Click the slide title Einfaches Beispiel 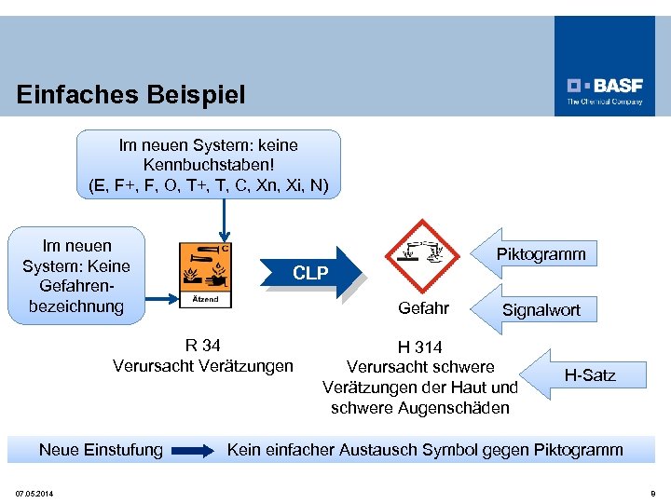pos(131,94)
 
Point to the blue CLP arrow pos(313,272)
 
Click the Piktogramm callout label pos(541,254)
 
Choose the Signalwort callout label pos(541,310)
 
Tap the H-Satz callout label pos(589,375)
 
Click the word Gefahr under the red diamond pos(423,308)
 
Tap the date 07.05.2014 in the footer pos(34,493)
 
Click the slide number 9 pos(651,493)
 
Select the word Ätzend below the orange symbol pos(205,299)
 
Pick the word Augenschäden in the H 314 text pos(463,408)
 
